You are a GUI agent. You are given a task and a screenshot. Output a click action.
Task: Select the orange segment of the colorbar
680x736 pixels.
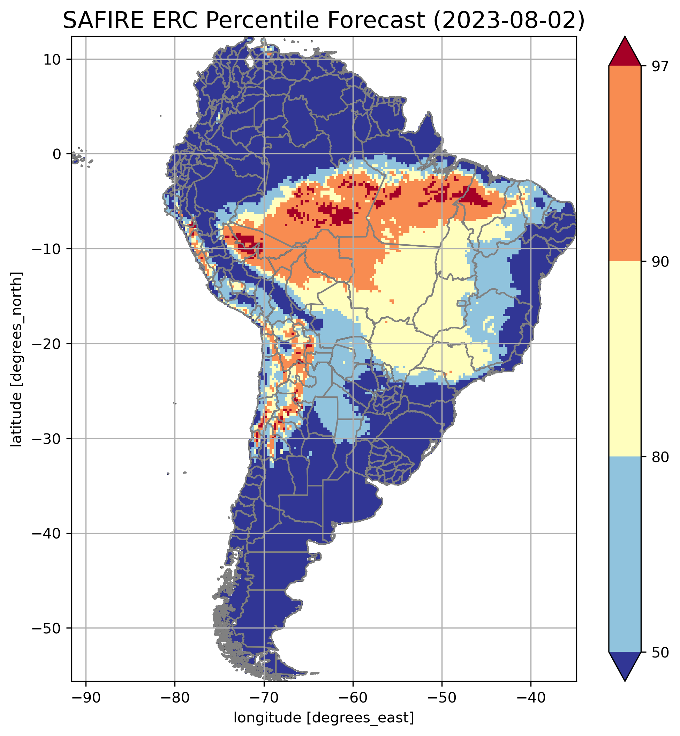click(625, 164)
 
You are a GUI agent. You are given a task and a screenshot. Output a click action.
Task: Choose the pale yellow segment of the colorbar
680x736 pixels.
click(625, 359)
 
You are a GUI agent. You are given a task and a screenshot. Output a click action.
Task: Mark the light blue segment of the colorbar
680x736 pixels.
click(625, 554)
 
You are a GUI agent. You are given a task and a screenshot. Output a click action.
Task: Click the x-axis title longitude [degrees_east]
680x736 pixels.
click(324, 717)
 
